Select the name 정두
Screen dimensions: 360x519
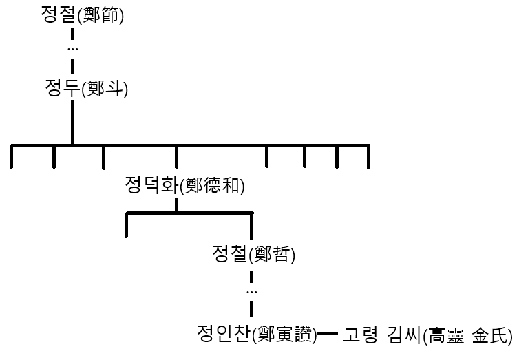[60, 88]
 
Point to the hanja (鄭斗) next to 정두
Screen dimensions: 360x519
[104, 89]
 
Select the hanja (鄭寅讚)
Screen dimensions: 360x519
[284, 336]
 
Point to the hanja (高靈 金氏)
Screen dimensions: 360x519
[467, 336]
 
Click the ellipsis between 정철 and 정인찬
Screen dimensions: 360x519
[251, 293]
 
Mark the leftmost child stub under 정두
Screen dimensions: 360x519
[12, 157]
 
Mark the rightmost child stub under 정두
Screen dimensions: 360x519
[369, 157]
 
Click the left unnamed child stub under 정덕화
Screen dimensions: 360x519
[126, 226]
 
